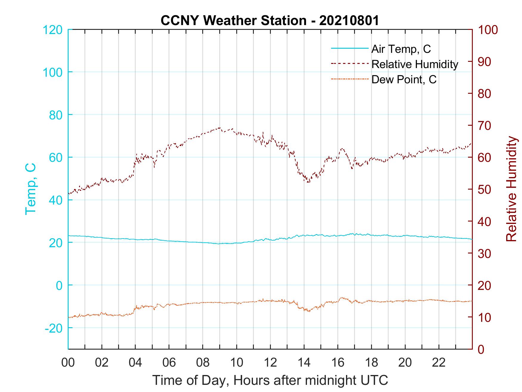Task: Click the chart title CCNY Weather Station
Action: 270,20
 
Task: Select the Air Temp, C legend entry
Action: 401,49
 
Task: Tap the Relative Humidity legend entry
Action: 415,64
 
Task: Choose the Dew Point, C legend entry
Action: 404,79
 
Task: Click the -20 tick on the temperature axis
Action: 53,328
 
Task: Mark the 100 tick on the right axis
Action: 488,30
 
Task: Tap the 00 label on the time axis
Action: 68,363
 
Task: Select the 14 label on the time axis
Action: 304,363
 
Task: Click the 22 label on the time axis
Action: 439,363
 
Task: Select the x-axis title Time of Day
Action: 270,381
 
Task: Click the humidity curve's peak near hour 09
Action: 220,128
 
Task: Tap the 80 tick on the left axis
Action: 55,115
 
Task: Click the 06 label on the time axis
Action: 169,363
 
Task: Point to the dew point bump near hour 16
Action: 342,298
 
